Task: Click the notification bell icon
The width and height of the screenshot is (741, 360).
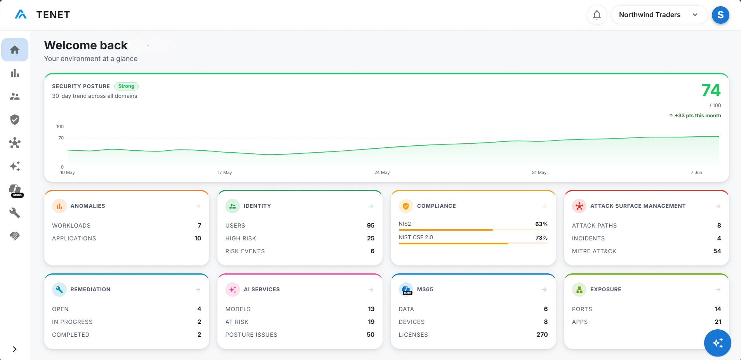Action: pyautogui.click(x=597, y=15)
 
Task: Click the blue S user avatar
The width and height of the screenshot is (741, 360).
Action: pyautogui.click(x=720, y=15)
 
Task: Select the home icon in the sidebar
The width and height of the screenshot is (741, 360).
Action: pyautogui.click(x=15, y=50)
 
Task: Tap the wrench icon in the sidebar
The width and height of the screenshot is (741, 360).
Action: pyautogui.click(x=15, y=213)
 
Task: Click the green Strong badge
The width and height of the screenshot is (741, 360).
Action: pyautogui.click(x=126, y=86)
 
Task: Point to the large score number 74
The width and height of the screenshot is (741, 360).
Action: pyautogui.click(x=711, y=90)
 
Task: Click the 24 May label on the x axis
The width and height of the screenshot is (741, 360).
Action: pyautogui.click(x=382, y=172)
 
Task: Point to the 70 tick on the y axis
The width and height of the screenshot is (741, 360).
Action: pyautogui.click(x=61, y=138)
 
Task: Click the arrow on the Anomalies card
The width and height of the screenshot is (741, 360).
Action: pyautogui.click(x=198, y=206)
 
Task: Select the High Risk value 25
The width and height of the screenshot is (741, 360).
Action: pyautogui.click(x=371, y=238)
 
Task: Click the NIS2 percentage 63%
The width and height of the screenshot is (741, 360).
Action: pyautogui.click(x=541, y=224)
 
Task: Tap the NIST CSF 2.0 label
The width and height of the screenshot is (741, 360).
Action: pyautogui.click(x=416, y=237)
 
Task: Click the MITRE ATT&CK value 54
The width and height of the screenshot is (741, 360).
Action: pyautogui.click(x=717, y=251)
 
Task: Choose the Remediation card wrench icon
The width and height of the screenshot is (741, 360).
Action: pyautogui.click(x=59, y=289)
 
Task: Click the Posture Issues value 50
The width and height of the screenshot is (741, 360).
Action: pyautogui.click(x=370, y=335)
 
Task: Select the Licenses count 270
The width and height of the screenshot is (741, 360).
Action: pyautogui.click(x=542, y=335)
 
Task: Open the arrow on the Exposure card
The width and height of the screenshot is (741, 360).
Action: pyautogui.click(x=718, y=290)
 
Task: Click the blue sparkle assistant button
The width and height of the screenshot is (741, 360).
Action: pyautogui.click(x=718, y=343)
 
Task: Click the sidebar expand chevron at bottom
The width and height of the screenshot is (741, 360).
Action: pyautogui.click(x=15, y=349)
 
